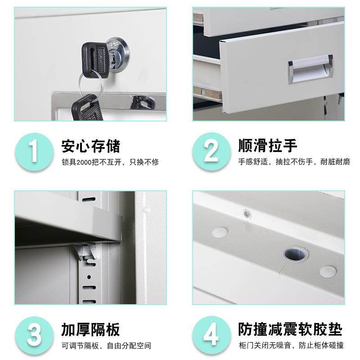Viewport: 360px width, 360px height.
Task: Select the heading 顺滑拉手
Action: click(268, 146)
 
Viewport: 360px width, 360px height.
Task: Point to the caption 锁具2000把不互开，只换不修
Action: click(110, 162)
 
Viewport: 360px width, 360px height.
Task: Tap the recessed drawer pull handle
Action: click(310, 70)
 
